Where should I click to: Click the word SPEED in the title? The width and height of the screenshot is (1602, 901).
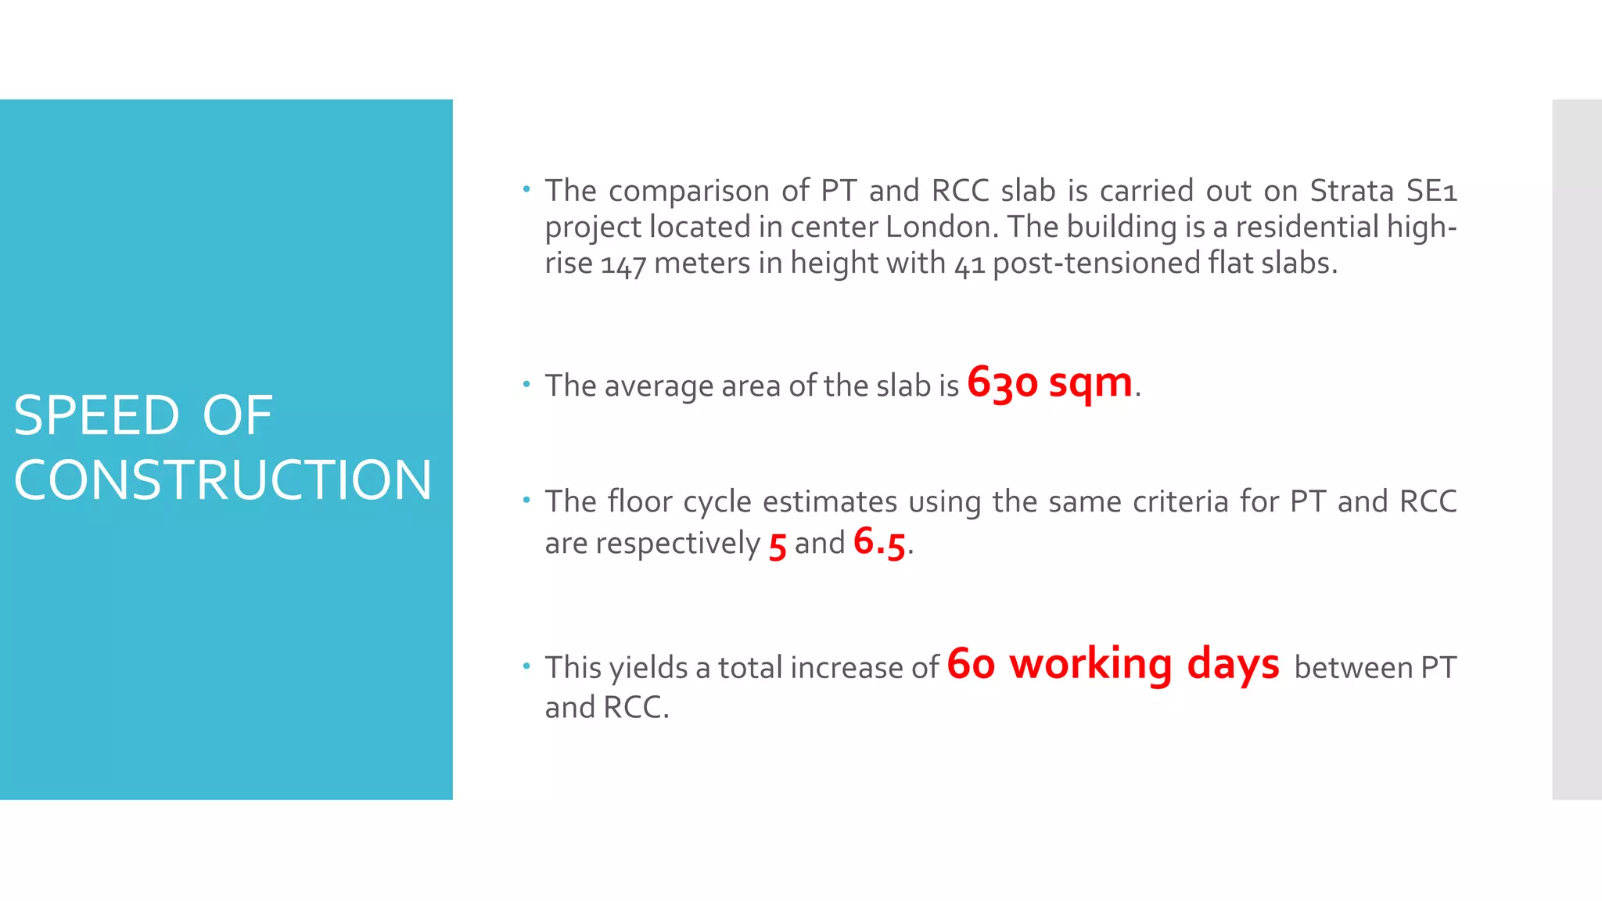pos(96,415)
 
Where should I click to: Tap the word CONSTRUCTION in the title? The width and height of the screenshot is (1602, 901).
pos(223,479)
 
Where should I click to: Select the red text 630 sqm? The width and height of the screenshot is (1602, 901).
pos(1049,382)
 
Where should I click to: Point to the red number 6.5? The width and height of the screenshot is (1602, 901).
pos(879,541)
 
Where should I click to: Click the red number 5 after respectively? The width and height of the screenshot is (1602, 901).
pos(777,545)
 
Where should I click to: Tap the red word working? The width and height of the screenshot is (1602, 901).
pos(1090,666)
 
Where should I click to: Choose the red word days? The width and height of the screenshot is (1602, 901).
pos(1233,666)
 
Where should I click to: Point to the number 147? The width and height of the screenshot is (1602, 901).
pos(623,264)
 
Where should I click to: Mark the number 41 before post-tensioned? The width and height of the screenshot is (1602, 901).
pos(969,264)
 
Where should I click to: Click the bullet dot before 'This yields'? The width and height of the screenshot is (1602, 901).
pos(526,666)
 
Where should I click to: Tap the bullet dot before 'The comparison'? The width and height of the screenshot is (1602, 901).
pos(526,188)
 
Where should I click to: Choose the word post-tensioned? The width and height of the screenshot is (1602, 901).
pos(1096,264)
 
